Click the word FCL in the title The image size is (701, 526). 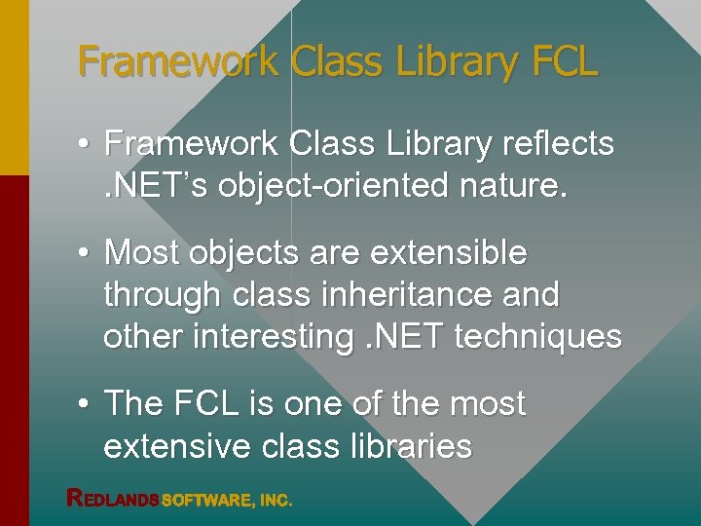564,61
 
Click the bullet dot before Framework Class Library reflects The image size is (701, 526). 86,144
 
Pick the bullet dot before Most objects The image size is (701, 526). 86,252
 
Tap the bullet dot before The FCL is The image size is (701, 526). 86,403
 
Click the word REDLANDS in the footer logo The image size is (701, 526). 112,499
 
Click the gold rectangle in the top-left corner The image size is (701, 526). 15,88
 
